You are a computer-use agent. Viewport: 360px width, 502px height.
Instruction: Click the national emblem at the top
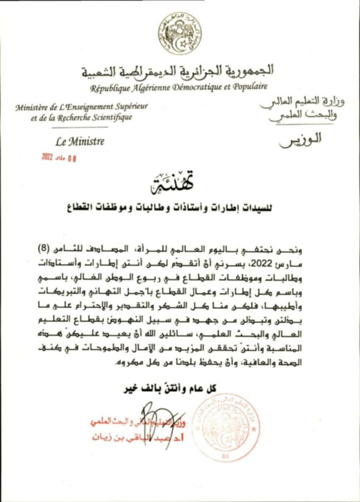point(180,33)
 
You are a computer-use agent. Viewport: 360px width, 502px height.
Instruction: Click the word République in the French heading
point(108,88)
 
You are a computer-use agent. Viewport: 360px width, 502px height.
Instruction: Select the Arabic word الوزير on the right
point(301,139)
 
